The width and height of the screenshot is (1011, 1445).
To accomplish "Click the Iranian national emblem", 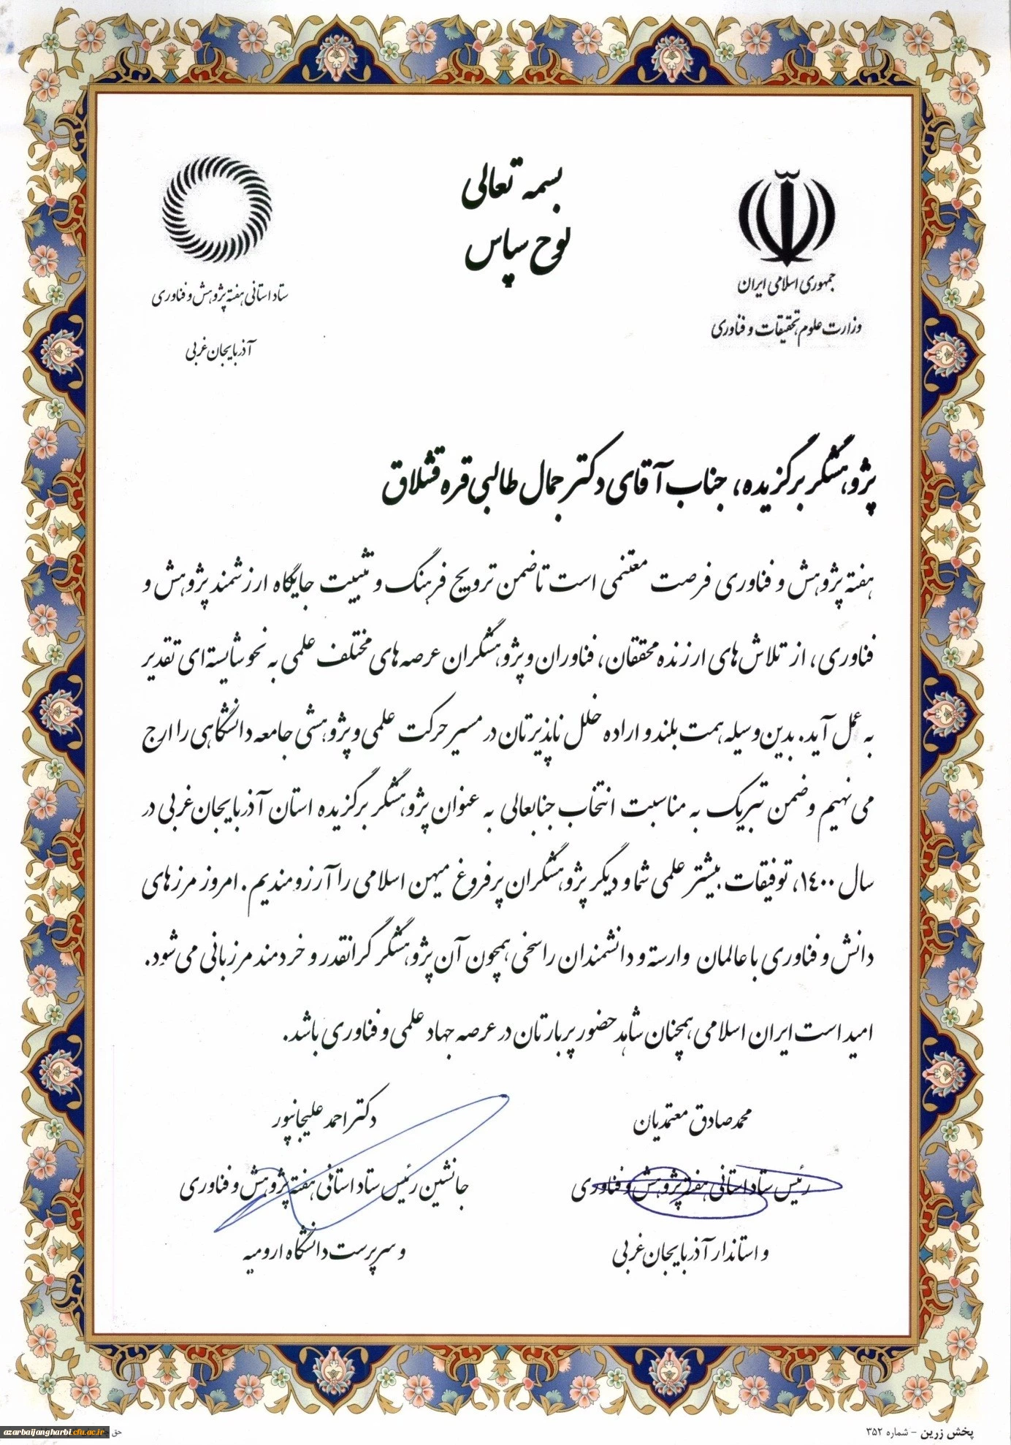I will tap(787, 219).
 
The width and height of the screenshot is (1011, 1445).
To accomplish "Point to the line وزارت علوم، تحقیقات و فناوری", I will tap(787, 327).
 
